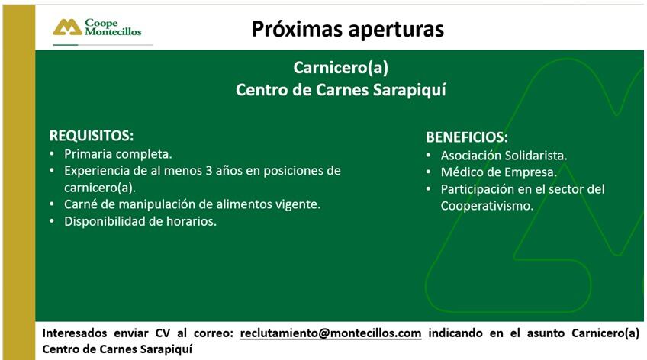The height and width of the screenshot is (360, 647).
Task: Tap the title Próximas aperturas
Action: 348,29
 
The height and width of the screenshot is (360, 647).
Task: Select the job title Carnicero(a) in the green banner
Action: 340,67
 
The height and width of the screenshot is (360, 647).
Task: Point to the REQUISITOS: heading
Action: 92,136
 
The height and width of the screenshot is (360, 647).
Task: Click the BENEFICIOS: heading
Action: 467,137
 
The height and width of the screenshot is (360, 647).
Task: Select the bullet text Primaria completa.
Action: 117,153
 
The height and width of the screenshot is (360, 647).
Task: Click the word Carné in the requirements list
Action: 82,204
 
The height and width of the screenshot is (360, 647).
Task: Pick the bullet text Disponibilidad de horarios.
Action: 140,221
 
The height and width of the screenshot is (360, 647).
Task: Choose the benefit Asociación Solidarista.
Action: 504,155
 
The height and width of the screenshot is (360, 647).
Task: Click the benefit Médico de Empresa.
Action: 498,172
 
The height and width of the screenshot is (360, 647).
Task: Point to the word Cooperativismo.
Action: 486,205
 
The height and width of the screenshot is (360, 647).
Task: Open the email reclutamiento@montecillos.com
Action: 330,333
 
